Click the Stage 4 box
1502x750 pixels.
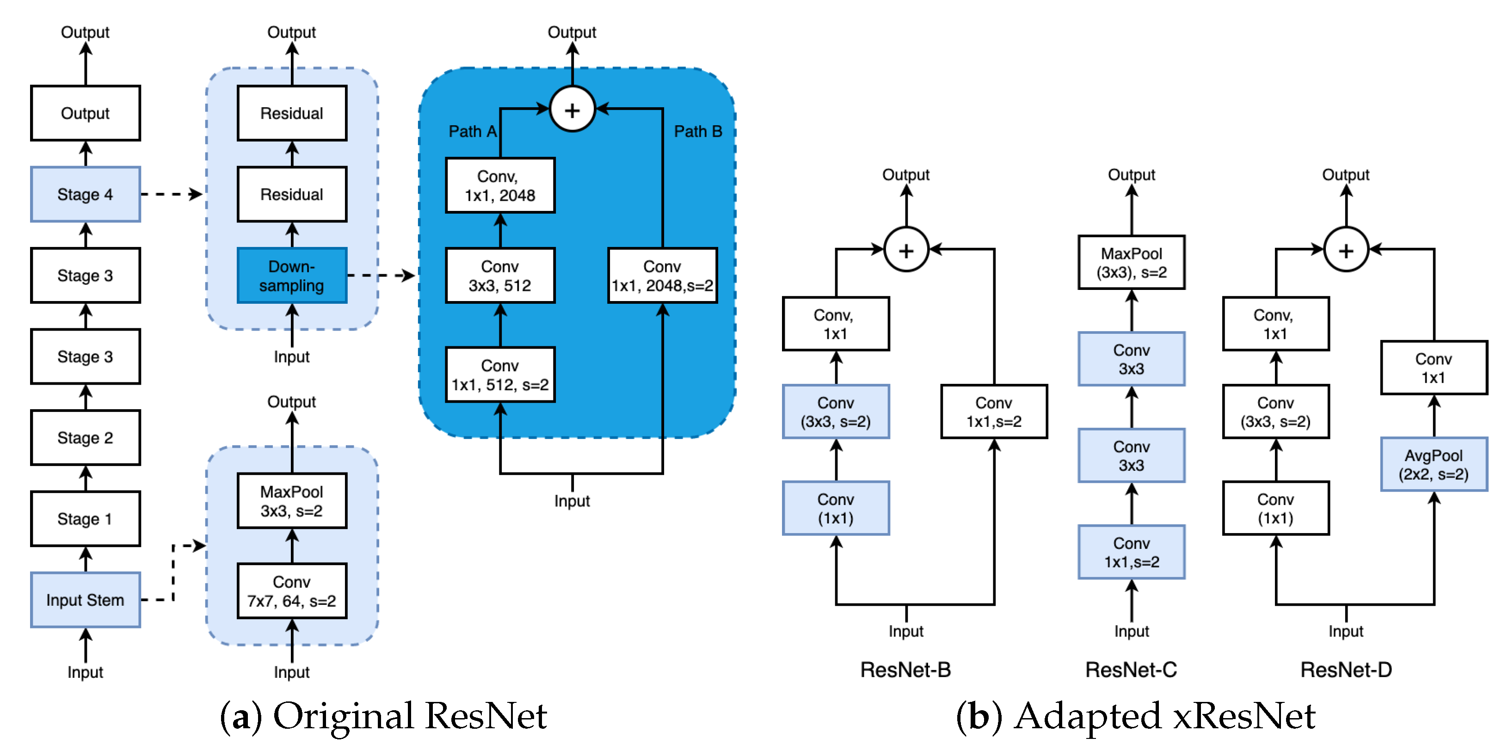[x=85, y=194]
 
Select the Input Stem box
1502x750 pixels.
[x=85, y=600]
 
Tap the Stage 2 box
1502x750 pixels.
[x=85, y=437]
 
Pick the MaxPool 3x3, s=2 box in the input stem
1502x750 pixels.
[x=291, y=500]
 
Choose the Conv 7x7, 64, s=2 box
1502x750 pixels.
[x=291, y=591]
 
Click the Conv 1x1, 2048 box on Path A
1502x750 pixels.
[x=500, y=185]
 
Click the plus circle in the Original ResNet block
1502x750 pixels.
[x=572, y=110]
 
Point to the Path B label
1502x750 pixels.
[x=697, y=131]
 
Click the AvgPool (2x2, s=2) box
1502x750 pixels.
[x=1433, y=464]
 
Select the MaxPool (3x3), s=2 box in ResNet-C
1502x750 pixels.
[x=1131, y=263]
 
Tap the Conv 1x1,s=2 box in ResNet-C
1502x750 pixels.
[x=1131, y=552]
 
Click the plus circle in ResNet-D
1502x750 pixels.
[x=1346, y=250]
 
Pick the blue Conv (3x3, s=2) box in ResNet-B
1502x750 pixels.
[x=836, y=412]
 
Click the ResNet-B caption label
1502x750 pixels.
[x=905, y=670]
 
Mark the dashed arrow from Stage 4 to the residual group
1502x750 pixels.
[x=172, y=194]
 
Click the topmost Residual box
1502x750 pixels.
[x=291, y=113]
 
